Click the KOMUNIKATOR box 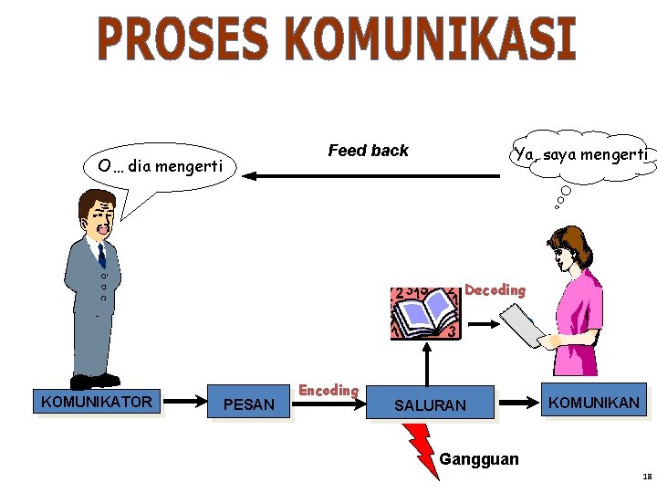[97, 401]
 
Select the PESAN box [248, 404]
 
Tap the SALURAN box [430, 404]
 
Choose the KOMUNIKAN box [593, 402]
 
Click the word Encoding [328, 390]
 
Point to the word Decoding [495, 290]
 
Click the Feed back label [368, 151]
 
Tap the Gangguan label [479, 458]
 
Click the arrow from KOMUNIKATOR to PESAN [186, 401]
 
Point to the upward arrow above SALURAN [426, 362]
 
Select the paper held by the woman [520, 325]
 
